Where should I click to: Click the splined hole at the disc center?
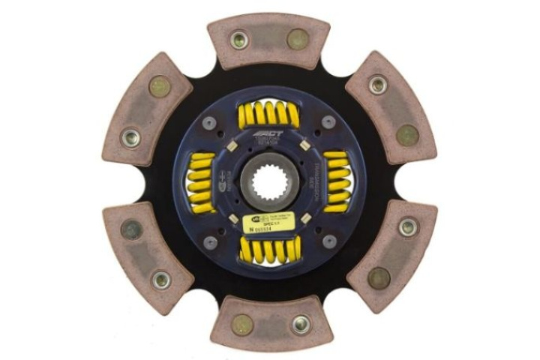point(269,180)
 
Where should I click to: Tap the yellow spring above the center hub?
point(268,115)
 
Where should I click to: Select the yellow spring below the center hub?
point(269,248)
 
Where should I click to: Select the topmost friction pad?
point(268,42)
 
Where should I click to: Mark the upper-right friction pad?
point(391,109)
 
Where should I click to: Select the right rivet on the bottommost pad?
point(300,324)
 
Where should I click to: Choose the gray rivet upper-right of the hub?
point(328,121)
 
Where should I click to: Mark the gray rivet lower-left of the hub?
point(211,241)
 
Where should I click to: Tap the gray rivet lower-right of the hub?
point(328,241)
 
